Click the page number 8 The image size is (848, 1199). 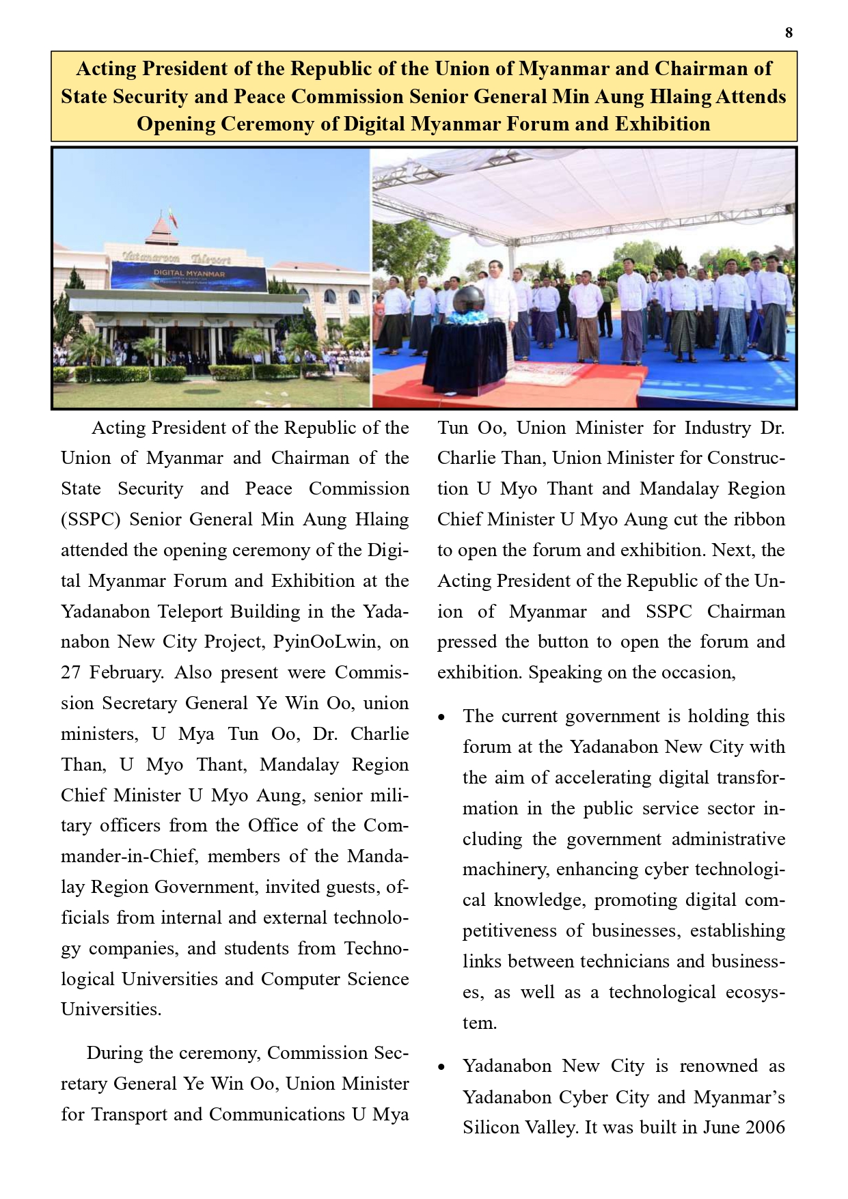pyautogui.click(x=789, y=33)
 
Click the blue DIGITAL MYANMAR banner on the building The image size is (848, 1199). pyautogui.click(x=189, y=276)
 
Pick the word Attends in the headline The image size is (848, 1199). pyautogui.click(x=751, y=96)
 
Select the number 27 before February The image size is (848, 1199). pyautogui.click(x=71, y=672)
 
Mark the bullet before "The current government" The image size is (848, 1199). pyautogui.click(x=442, y=717)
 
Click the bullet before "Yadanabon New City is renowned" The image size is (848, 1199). pyautogui.click(x=442, y=1067)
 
